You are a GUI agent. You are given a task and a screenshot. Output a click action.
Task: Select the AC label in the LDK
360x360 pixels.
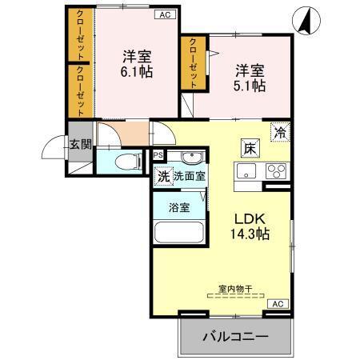(278, 304)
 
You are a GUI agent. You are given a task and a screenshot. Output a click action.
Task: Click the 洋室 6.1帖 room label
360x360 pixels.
(137, 64)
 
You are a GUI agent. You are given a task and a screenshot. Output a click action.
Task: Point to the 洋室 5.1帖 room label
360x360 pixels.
(249, 78)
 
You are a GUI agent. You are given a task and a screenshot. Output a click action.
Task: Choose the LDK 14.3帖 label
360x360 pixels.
(250, 226)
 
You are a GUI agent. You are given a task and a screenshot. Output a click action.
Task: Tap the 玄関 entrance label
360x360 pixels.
(79, 144)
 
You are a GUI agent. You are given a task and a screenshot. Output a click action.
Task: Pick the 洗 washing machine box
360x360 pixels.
(162, 177)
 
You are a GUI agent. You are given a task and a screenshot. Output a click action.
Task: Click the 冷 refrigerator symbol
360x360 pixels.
(281, 133)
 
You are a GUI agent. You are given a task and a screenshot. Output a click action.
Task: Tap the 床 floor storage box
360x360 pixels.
(250, 148)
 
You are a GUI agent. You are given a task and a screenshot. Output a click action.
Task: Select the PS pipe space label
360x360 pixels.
(158, 155)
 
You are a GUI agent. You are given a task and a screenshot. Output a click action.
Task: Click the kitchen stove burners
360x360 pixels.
(276, 170)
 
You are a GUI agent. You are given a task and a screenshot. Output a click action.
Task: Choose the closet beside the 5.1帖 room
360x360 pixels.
(191, 63)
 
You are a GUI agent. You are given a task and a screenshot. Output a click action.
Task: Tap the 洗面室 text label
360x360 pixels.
(190, 177)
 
